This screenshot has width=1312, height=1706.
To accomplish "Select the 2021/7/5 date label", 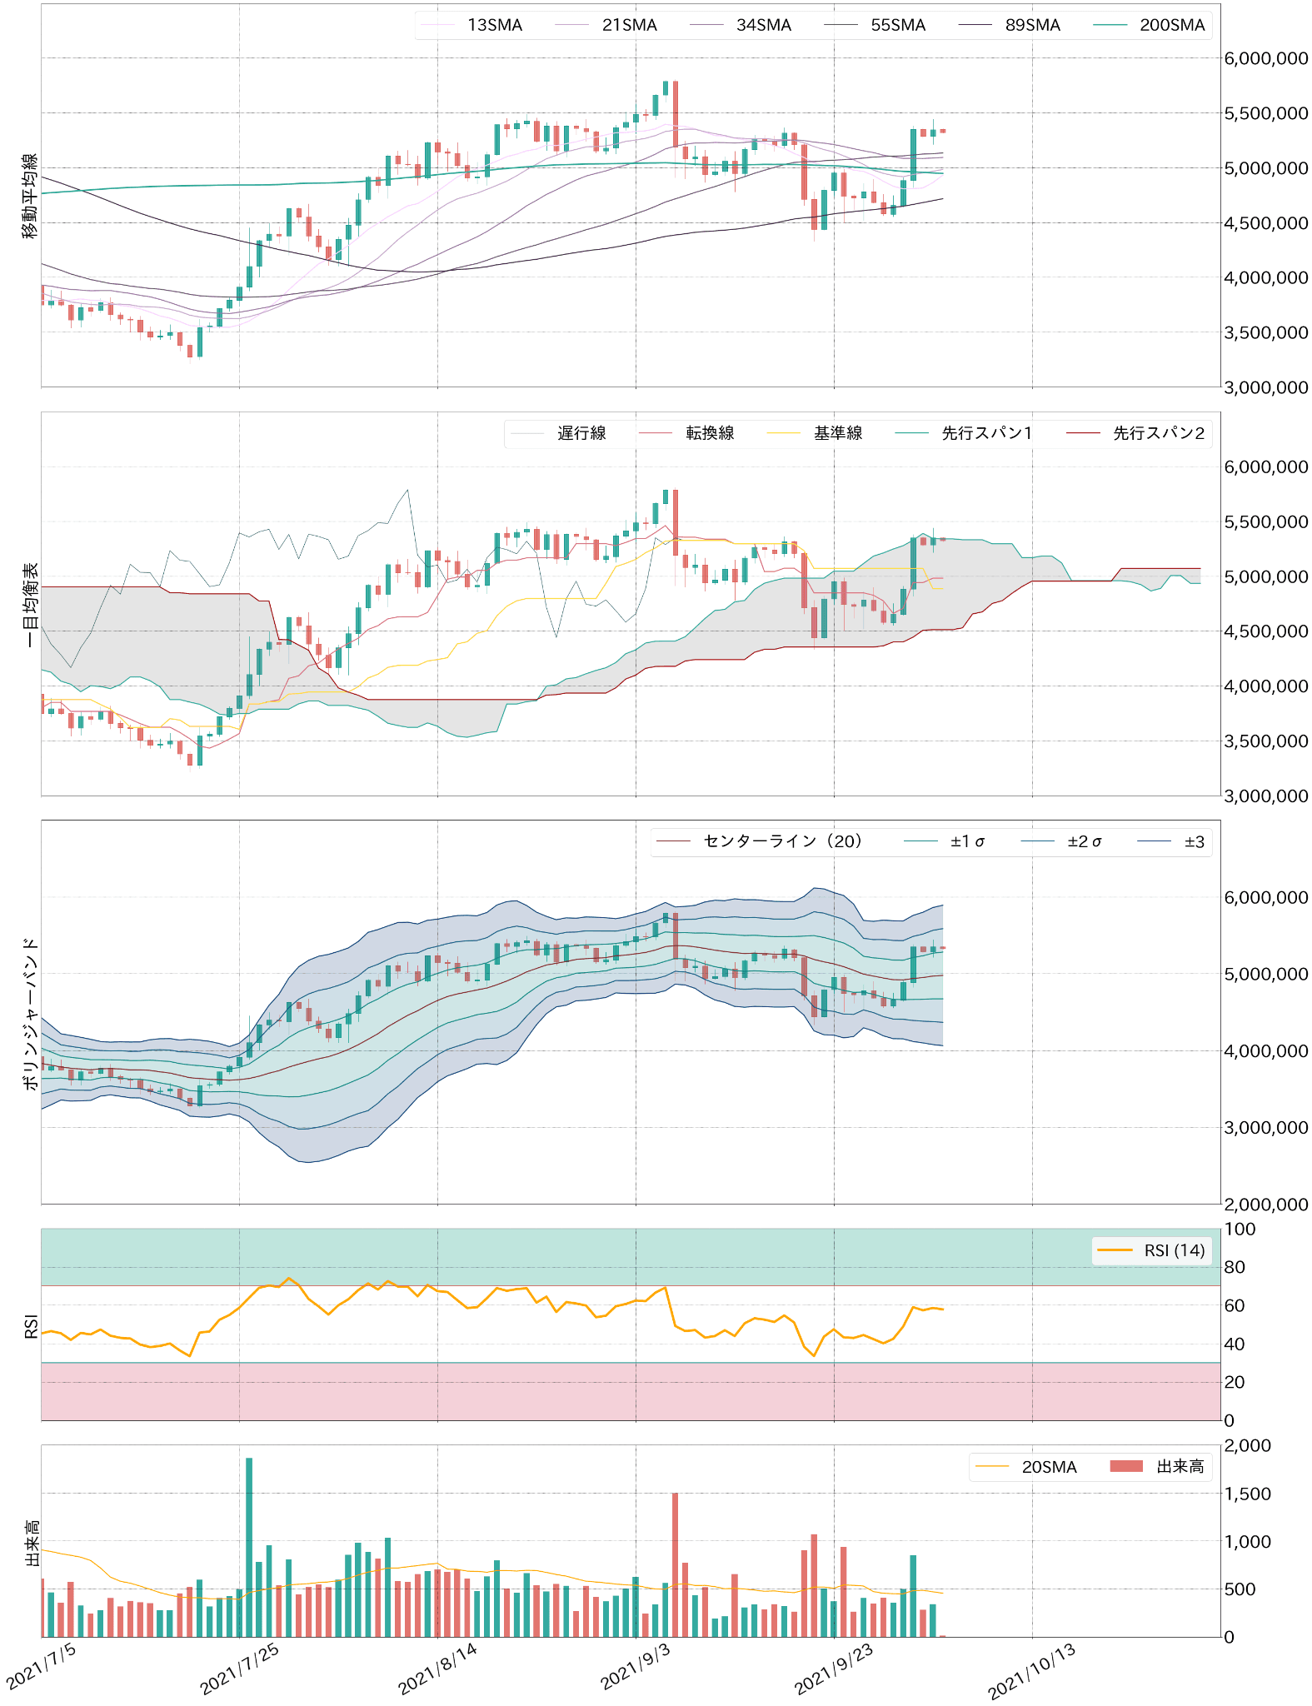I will tap(42, 1666).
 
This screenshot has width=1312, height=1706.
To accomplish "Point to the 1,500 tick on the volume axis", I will tap(1247, 1494).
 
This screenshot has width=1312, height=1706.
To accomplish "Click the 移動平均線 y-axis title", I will tap(30, 196).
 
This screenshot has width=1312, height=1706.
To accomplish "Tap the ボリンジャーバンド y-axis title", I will tap(30, 1013).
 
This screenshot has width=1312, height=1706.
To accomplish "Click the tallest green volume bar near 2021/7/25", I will tap(249, 1547).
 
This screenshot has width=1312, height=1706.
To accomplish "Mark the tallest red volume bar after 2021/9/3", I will tap(675, 1564).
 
